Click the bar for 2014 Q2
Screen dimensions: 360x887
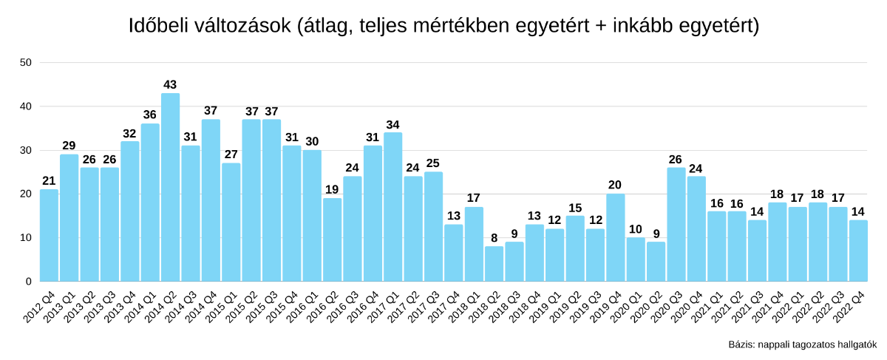pyautogui.click(x=170, y=188)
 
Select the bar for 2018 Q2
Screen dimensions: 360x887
pyautogui.click(x=494, y=264)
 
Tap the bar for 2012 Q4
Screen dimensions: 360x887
pyautogui.click(x=49, y=236)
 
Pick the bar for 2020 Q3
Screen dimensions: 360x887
pyautogui.click(x=676, y=225)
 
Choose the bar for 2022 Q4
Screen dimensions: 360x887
pyautogui.click(x=858, y=251)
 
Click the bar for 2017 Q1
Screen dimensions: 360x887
pyautogui.click(x=392, y=207)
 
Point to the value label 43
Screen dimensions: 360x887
pyautogui.click(x=170, y=85)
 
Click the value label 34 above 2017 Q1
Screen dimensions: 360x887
pyautogui.click(x=392, y=124)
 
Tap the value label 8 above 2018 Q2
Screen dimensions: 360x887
pyautogui.click(x=494, y=238)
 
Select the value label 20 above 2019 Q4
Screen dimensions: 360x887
pyautogui.click(x=615, y=186)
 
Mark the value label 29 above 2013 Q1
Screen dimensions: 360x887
pyautogui.click(x=69, y=146)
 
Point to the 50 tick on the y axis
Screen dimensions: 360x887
pyautogui.click(x=26, y=63)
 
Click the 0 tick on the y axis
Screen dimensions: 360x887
pyautogui.click(x=28, y=282)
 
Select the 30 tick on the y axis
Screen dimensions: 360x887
pyautogui.click(x=26, y=150)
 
